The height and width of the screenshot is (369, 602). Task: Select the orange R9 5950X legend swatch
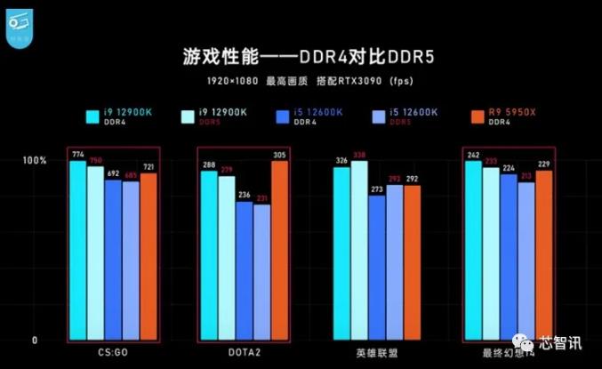tap(471, 116)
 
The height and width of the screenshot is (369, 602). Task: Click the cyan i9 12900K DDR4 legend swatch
tap(92, 116)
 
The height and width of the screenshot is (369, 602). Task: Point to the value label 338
tap(358, 155)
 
